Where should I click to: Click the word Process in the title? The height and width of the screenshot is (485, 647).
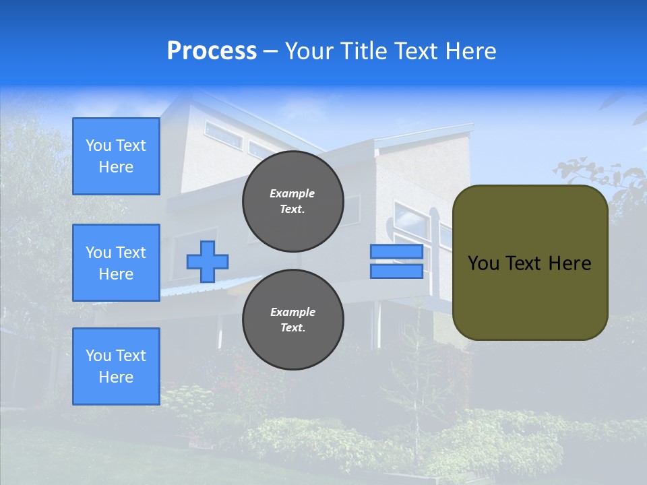pos(212,51)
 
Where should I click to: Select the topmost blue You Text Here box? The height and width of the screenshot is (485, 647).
pos(116,156)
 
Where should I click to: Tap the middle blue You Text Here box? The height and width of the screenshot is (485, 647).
pos(116,263)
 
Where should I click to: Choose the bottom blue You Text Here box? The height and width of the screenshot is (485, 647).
pos(116,366)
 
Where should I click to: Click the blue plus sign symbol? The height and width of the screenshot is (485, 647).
pos(208,262)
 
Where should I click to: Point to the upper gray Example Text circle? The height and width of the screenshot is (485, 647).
pos(292,201)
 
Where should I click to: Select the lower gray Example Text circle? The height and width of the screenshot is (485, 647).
pos(292,320)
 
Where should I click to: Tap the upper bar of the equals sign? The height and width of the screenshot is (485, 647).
pos(396,252)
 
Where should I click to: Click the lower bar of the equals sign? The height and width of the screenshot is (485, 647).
pos(396,271)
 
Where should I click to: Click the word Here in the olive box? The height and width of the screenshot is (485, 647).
pos(570,263)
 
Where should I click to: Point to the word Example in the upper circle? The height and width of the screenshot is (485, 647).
pos(292,193)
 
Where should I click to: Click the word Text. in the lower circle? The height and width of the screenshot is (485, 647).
pos(292,328)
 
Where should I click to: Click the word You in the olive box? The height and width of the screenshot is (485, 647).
pos(483,263)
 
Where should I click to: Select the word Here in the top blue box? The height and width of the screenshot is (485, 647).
pos(116,167)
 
